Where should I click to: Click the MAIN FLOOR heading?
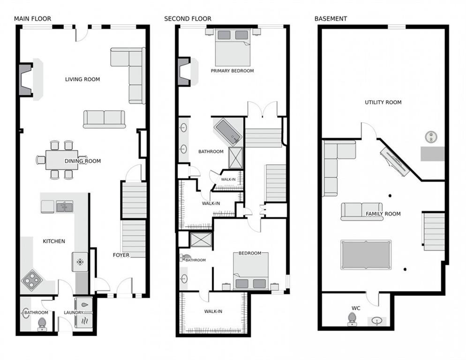pos(32,19)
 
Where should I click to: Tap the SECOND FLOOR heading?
pos(188,19)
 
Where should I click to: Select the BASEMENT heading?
pos(331,19)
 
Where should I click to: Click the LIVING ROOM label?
pos(83,79)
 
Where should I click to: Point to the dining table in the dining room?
pos(62,160)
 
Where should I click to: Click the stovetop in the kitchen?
pos(31,280)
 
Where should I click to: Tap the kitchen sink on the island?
pos(65,206)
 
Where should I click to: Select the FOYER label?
pos(121,255)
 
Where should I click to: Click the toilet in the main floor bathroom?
pos(42,324)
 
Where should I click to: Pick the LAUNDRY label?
pos(74,313)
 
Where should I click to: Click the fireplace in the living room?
pos(26,80)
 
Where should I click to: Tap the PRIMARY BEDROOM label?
pos(232,71)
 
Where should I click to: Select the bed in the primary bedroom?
pos(233,47)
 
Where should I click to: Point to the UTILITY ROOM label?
pos(383,102)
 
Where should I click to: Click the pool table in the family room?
pos(366,255)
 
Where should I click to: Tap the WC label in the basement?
pos(356,308)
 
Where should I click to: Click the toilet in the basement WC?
pos(353,319)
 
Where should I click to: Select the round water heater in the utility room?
pos(431,136)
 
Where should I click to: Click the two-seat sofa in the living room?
pos(105,119)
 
